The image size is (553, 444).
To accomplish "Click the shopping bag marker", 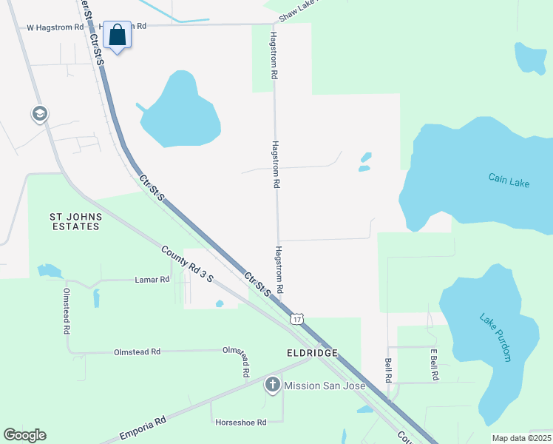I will [x=118, y=35].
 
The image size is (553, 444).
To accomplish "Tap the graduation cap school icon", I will [x=39, y=114].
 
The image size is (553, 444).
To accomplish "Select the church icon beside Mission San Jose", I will [x=273, y=384].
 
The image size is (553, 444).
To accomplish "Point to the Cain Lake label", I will [x=509, y=179].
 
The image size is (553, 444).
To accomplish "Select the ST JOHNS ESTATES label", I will [x=74, y=221].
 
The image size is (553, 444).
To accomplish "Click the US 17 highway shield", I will [x=296, y=317].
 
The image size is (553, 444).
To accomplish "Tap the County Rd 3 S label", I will [x=188, y=263].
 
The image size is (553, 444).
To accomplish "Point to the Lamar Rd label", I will [x=152, y=280].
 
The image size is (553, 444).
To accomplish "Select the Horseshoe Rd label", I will [x=240, y=423].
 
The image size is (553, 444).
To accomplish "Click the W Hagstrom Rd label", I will [x=55, y=27].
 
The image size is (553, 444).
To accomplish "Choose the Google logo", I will [x=24, y=435].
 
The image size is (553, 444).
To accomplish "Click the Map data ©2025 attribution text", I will [x=521, y=438].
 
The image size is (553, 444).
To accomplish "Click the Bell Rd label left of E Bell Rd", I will [x=389, y=370].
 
